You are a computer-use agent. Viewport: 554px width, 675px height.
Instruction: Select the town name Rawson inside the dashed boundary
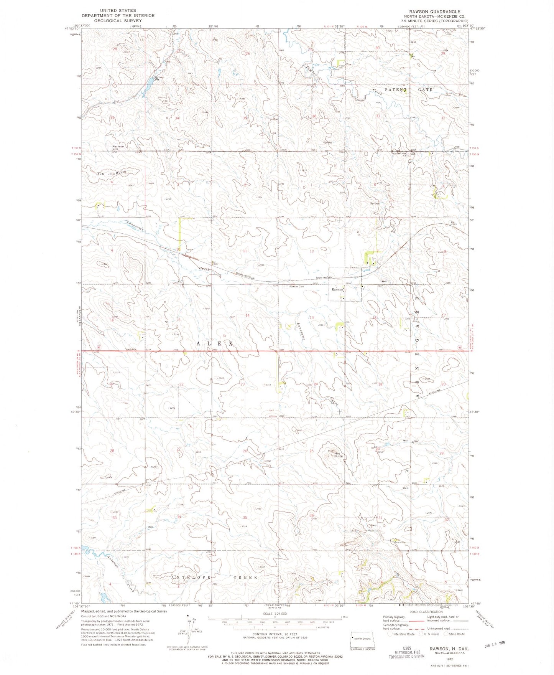337,289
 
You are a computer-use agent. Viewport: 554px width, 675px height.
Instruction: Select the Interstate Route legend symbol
390,634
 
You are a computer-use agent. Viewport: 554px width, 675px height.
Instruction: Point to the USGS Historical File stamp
406,652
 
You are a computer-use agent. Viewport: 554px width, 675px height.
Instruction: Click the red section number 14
247,315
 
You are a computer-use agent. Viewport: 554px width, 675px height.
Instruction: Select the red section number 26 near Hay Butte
245,451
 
